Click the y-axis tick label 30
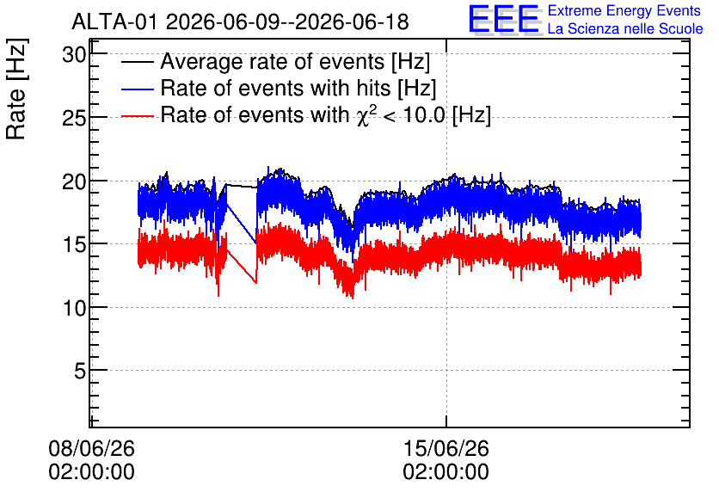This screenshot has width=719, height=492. click(74, 55)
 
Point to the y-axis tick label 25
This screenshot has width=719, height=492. click(74, 119)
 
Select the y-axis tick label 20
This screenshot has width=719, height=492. click(74, 182)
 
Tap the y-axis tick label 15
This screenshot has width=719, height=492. click(74, 245)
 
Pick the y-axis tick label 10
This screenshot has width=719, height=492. click(74, 308)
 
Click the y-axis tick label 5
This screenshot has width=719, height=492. click(80, 371)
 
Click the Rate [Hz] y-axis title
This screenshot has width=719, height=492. click(16, 89)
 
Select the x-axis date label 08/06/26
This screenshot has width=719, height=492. click(92, 448)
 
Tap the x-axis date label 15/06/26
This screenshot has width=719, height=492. click(446, 448)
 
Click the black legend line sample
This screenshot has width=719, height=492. click(137, 62)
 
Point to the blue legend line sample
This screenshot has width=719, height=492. click(137, 89)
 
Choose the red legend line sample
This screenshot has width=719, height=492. click(137, 116)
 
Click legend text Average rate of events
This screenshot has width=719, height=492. click(273, 61)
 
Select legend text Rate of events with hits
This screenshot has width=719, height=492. click(275, 88)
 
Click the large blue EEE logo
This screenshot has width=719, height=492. click(504, 19)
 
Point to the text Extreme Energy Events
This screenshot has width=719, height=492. click(624, 10)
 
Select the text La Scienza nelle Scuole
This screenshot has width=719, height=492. click(625, 28)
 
